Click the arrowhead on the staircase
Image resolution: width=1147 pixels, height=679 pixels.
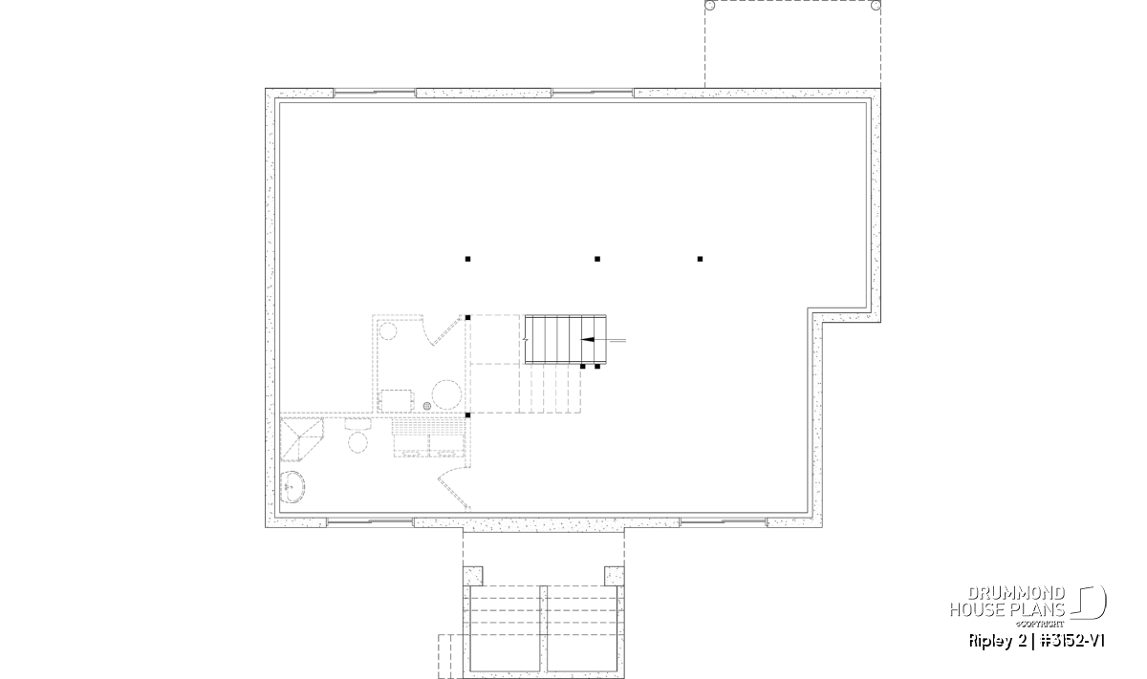point(587,340)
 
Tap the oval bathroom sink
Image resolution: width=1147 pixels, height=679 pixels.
point(292,487)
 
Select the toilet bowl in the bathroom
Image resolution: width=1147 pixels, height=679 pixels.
point(357,442)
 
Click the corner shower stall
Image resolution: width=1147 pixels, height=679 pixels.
point(302,439)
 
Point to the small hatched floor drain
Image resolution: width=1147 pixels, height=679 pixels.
point(427,406)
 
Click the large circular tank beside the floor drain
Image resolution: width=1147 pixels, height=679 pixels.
point(446,394)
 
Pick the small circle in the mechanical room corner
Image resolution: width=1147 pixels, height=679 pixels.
point(388,331)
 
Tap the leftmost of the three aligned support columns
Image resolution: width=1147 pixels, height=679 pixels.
point(467,259)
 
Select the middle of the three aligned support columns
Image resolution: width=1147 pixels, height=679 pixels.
point(597,259)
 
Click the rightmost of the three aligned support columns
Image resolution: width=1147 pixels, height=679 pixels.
point(700,259)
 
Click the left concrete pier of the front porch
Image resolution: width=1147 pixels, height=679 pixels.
point(472,576)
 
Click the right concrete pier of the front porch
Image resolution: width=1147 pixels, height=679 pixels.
point(615,576)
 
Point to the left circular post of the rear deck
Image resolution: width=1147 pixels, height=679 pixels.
point(709,5)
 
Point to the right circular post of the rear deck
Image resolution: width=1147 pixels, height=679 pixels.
point(876,5)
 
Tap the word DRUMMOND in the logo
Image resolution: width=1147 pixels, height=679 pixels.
point(1016,594)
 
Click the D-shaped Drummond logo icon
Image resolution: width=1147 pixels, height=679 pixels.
point(1089,602)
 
